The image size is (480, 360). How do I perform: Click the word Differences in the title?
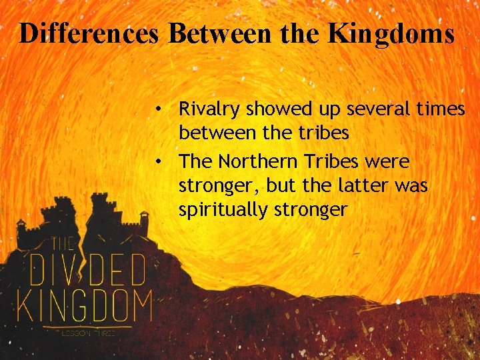pyautogui.click(x=89, y=33)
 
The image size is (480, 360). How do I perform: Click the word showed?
pyautogui.click(x=270, y=109)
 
